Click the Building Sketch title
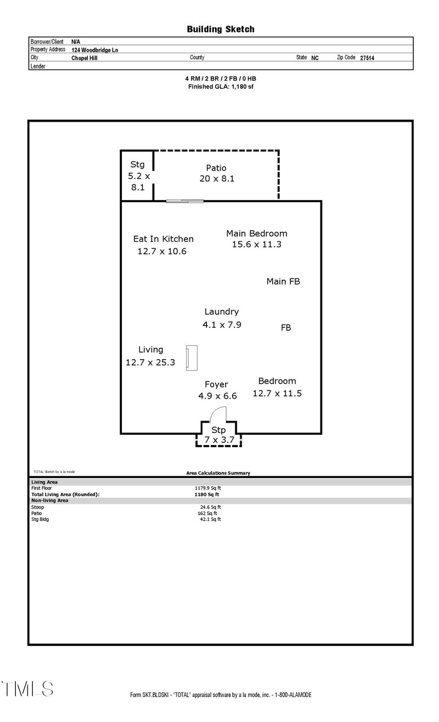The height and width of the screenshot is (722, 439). click(221, 29)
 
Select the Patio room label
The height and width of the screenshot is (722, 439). click(216, 168)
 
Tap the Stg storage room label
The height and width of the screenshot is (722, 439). click(137, 164)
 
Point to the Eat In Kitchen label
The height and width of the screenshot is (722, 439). click(164, 239)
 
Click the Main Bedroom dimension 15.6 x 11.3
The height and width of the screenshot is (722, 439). click(256, 245)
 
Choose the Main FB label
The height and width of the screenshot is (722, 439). click(283, 282)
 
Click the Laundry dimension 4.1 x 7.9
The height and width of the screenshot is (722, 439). click(222, 325)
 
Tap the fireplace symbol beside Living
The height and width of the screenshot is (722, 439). click(192, 357)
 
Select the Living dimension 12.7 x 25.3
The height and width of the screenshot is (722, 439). click(150, 362)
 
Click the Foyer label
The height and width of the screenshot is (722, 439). click(216, 384)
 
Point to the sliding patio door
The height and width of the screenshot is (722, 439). click(185, 201)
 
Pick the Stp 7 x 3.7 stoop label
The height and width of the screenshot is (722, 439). click(218, 435)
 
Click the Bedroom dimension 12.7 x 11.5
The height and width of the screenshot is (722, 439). click(277, 394)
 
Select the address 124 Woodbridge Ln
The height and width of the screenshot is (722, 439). click(95, 49)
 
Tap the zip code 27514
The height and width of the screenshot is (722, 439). click(367, 58)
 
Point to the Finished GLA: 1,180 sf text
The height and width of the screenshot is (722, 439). click(221, 87)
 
